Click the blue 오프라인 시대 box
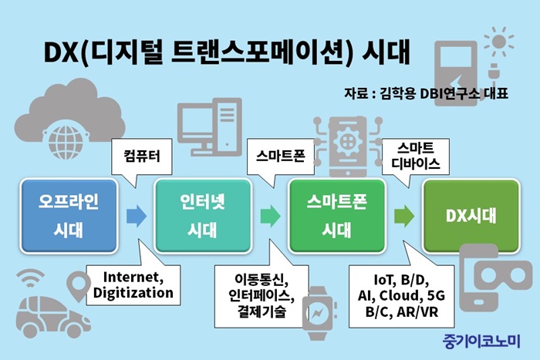click(x=69, y=216)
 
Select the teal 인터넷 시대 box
click(x=203, y=216)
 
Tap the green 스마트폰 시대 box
click(x=337, y=216)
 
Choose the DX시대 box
click(x=471, y=216)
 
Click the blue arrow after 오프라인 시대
click(x=137, y=216)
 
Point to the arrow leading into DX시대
click(x=404, y=216)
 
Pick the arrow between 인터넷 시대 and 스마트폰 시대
click(x=270, y=216)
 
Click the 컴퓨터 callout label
click(x=142, y=156)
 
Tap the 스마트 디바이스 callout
click(x=416, y=156)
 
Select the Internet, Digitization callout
click(x=133, y=285)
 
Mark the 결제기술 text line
click(x=262, y=311)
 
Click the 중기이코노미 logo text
click(x=481, y=341)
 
